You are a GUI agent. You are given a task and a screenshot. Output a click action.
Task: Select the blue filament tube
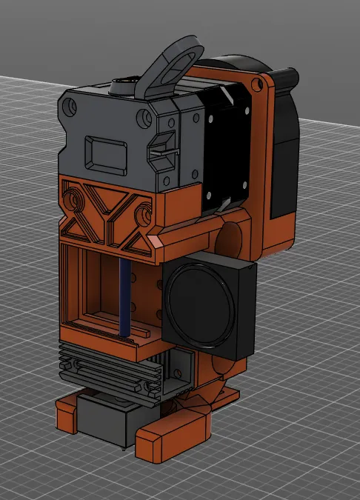point(124,296)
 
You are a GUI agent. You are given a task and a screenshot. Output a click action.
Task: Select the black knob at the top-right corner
point(287,77)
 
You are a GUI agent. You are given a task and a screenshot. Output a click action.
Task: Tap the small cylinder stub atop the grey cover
point(120,87)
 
